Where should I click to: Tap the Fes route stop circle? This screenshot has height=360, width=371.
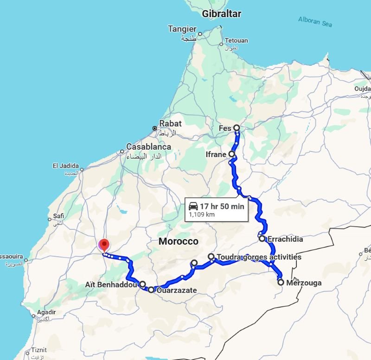pos(237,127)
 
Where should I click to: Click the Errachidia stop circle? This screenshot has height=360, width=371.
pos(262,239)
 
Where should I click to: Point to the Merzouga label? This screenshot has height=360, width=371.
pos(304,283)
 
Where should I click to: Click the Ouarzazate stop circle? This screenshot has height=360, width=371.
pos(151,290)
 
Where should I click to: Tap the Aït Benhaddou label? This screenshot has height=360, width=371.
pos(111,284)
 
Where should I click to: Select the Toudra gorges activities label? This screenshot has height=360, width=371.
pos(259,257)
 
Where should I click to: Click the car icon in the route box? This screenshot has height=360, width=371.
pos(193,206)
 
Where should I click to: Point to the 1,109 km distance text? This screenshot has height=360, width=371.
pos(202,215)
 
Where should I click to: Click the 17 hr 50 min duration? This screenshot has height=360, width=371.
pos(222,206)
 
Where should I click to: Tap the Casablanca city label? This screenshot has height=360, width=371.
pos(149,147)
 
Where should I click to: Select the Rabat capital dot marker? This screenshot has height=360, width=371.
pos(155,128)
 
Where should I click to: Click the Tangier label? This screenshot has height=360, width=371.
pos(182,29)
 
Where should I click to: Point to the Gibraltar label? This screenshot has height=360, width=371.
pos(222,14)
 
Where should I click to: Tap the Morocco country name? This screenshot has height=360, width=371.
pos(178,241)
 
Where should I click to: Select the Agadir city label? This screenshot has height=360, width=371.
pos(46,313)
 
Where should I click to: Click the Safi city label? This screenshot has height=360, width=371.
pos(58,215)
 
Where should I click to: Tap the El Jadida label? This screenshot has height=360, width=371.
pos(65,166)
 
